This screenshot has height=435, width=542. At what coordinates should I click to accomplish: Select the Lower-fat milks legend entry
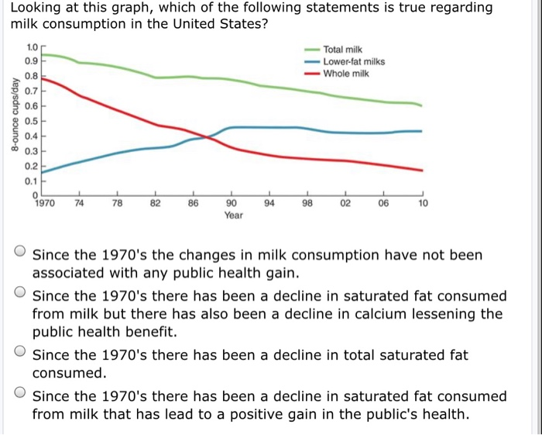(x=354, y=61)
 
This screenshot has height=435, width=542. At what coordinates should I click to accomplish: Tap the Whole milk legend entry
(x=346, y=74)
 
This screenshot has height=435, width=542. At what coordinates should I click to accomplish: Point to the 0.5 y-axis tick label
(x=30, y=122)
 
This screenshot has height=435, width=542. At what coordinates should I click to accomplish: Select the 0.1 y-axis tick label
(x=30, y=181)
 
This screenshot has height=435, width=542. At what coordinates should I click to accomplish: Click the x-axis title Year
(x=233, y=215)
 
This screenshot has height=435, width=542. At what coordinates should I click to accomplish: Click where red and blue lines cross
(x=205, y=137)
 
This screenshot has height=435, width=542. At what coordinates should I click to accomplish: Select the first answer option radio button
(x=21, y=253)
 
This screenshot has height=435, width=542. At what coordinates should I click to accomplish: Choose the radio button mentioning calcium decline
(x=21, y=295)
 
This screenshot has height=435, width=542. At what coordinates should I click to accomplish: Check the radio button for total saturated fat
(x=21, y=354)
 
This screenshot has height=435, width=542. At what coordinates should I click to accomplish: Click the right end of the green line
(x=422, y=105)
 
